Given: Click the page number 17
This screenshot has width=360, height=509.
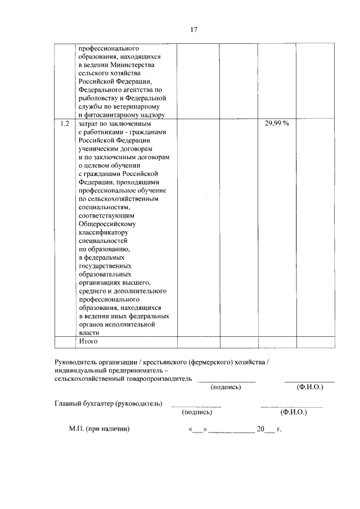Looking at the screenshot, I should pos(193,30).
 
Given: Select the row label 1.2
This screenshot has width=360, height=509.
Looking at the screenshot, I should pos(65,123).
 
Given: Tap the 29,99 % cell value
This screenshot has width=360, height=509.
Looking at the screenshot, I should pos(277,123).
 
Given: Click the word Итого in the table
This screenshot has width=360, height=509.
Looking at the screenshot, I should pos(88,341).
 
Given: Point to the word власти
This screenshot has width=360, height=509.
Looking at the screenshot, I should pos(89,332).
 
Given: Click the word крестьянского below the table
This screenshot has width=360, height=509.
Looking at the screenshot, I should pos(168,362).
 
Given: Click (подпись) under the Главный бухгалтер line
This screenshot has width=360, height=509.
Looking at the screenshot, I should pos(196,412).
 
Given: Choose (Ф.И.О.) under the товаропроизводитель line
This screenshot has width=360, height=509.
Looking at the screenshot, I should pos(309,388).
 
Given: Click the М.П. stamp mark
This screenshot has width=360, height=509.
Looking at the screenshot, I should pos(76,429).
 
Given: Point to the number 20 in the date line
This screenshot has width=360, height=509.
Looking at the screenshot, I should pos(260,429).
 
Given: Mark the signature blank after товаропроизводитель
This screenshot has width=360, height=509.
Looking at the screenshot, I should pos(226,381).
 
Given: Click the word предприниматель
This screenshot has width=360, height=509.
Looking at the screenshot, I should pos(130,370).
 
